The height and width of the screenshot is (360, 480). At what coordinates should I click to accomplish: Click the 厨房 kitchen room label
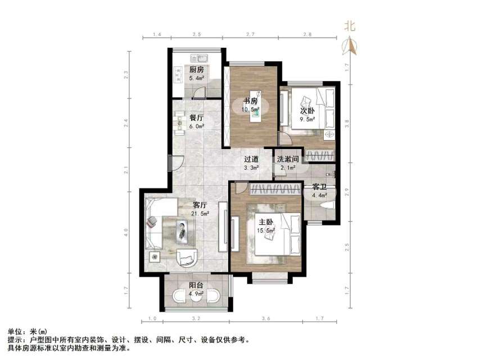click(x=196, y=70)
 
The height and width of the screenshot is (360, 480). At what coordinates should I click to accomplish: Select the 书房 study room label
click(x=250, y=101)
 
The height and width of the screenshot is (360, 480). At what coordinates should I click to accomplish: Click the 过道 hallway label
click(x=251, y=159)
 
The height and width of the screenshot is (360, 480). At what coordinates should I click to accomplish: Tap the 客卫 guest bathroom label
click(x=320, y=186)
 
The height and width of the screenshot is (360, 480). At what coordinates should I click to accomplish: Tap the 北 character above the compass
click(x=350, y=26)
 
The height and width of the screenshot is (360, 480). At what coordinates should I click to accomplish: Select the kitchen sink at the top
click(x=200, y=58)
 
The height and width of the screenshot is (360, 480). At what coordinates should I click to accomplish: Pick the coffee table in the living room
click(x=184, y=228)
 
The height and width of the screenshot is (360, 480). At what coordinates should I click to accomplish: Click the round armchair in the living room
click(x=187, y=258)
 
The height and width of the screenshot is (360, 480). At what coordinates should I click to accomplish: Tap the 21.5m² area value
click(x=201, y=213)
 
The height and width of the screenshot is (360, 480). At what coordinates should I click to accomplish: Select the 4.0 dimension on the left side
click(x=127, y=231)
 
